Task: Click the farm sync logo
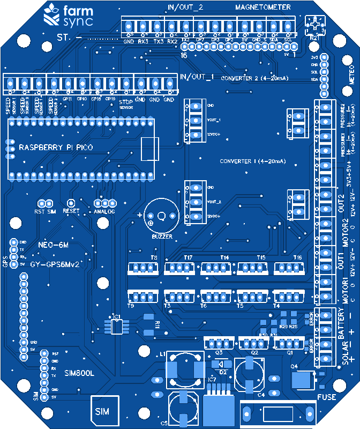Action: click(x=68, y=16)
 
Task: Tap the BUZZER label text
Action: click(x=162, y=236)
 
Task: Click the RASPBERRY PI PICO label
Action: click(x=56, y=147)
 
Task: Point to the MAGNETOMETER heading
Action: click(x=262, y=7)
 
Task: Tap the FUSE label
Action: click(x=327, y=397)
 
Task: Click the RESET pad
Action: click(x=71, y=203)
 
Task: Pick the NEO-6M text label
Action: click(x=54, y=245)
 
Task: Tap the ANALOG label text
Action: click(x=104, y=211)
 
